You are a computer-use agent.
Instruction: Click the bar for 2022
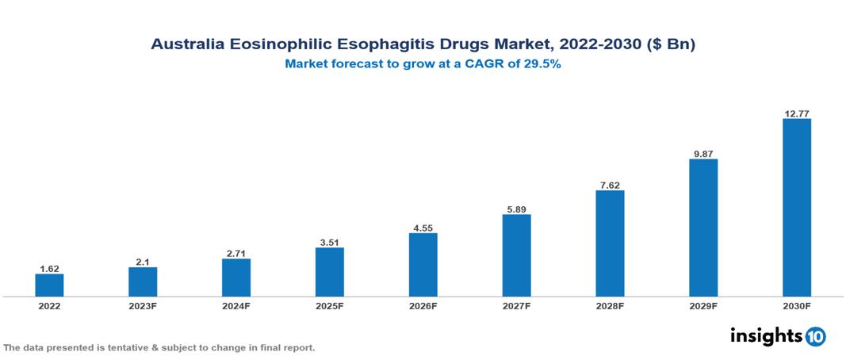(x=49, y=285)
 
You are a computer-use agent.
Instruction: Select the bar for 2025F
(x=330, y=272)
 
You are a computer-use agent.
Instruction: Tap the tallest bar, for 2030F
(x=796, y=208)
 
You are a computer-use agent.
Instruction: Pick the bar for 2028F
(x=610, y=243)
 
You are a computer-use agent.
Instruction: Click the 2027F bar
(x=516, y=255)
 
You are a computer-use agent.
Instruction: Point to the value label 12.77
(x=796, y=113)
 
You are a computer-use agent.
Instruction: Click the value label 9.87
(x=703, y=153)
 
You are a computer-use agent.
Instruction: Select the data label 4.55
(x=423, y=228)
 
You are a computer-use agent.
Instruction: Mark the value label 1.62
(x=49, y=269)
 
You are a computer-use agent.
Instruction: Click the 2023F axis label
(x=143, y=305)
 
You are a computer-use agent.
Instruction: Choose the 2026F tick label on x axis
(x=423, y=305)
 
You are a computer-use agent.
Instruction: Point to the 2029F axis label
(x=703, y=305)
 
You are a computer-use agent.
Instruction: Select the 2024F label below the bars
(x=236, y=305)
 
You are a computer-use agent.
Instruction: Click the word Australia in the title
(x=188, y=44)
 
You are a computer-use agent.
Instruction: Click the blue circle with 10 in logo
(x=815, y=336)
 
